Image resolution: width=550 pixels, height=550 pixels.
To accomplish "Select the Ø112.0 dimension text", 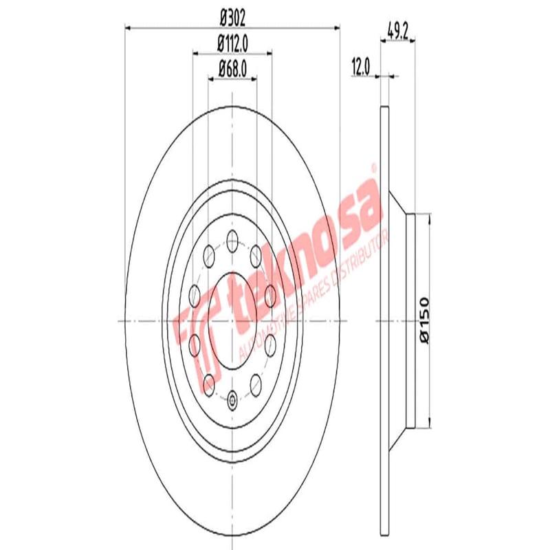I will [232, 43].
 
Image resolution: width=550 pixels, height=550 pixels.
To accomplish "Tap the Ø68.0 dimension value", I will [232, 68].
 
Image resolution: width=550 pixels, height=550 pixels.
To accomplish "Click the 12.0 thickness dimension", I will [361, 67].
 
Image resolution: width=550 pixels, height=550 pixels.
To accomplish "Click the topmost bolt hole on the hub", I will [232, 240].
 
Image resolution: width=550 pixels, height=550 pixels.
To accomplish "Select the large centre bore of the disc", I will [232, 320].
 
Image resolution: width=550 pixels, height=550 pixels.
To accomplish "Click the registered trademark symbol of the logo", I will [373, 167].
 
